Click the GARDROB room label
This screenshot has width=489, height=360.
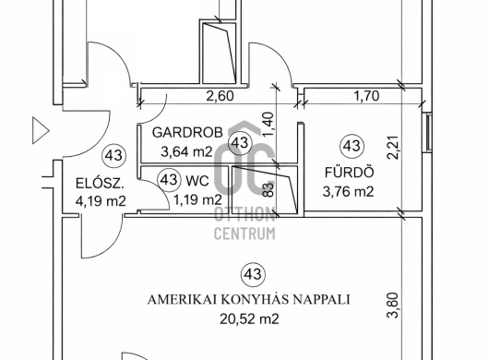pyautogui.click(x=187, y=133)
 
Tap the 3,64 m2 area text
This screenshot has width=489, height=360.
pyautogui.click(x=186, y=152)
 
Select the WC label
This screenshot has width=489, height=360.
pyautogui.click(x=197, y=181)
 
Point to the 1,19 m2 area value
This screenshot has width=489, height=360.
pyautogui.click(x=197, y=199)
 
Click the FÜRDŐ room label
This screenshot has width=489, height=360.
pyautogui.click(x=350, y=172)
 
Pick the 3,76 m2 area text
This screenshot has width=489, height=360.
pyautogui.click(x=348, y=192)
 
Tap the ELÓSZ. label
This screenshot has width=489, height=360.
pyautogui.click(x=101, y=183)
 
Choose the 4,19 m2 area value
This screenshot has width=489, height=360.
pyautogui.click(x=101, y=201)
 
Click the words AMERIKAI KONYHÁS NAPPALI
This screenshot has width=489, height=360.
pyautogui.click(x=248, y=299)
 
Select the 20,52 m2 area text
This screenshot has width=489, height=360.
pyautogui.click(x=249, y=318)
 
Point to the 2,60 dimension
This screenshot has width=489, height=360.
pyautogui.click(x=220, y=96)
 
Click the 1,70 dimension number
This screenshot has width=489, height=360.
pyautogui.click(x=366, y=96)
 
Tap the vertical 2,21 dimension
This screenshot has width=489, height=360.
pyautogui.click(x=393, y=148)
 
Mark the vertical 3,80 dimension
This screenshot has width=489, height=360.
pyautogui.click(x=393, y=306)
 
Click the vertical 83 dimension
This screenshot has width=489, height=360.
pyautogui.click(x=268, y=189)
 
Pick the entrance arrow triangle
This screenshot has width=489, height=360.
pyautogui.click(x=41, y=130)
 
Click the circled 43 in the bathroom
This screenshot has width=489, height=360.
pyautogui.click(x=352, y=146)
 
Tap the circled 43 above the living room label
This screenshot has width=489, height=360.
pyautogui.click(x=253, y=274)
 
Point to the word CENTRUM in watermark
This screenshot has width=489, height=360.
pyautogui.click(x=244, y=234)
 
